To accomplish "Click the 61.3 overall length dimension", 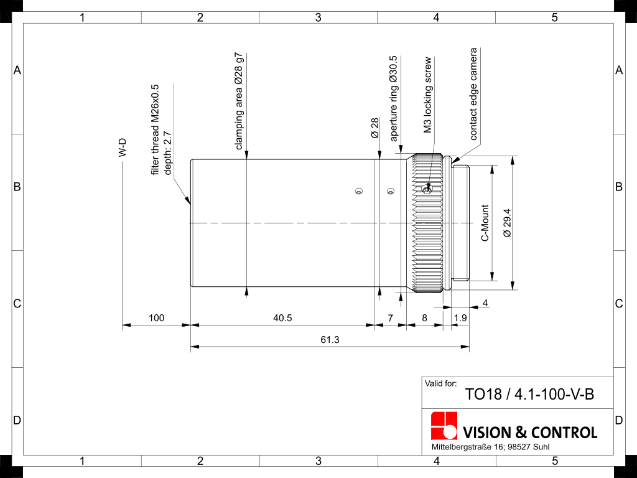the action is (330, 339).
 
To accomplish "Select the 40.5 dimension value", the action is (282, 318).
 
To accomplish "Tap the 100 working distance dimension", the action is (156, 318).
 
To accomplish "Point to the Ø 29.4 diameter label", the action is (507, 223).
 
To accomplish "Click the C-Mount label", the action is (485, 223).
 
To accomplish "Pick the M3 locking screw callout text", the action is (427, 95).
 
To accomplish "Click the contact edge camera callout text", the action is (473, 94).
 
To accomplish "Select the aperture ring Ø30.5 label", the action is (393, 98).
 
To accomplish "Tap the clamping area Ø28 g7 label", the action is (239, 101).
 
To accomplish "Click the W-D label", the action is (123, 148).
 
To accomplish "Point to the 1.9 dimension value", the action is (460, 318).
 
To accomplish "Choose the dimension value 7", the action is (391, 318).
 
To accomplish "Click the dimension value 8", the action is (424, 318).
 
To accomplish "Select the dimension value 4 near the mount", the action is (485, 303).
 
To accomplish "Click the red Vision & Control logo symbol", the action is (444, 425).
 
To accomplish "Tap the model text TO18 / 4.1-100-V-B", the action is (529, 394).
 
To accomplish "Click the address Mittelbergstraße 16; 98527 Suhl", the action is (490, 447).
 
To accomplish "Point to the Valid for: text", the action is (441, 383).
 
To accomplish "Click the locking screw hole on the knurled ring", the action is (427, 189).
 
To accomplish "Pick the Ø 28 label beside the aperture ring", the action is (375, 128).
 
